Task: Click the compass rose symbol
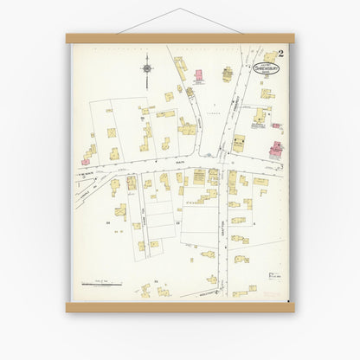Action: pos(146,65)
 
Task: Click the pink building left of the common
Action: pos(197,75)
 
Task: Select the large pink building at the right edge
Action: pos(276,150)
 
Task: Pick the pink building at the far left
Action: pos(88,156)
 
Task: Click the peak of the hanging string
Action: pos(179,10)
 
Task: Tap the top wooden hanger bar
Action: pos(179,38)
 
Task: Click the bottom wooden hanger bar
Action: pos(179,307)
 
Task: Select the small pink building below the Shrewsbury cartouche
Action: pos(277,125)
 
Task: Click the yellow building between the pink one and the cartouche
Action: pos(227,74)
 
